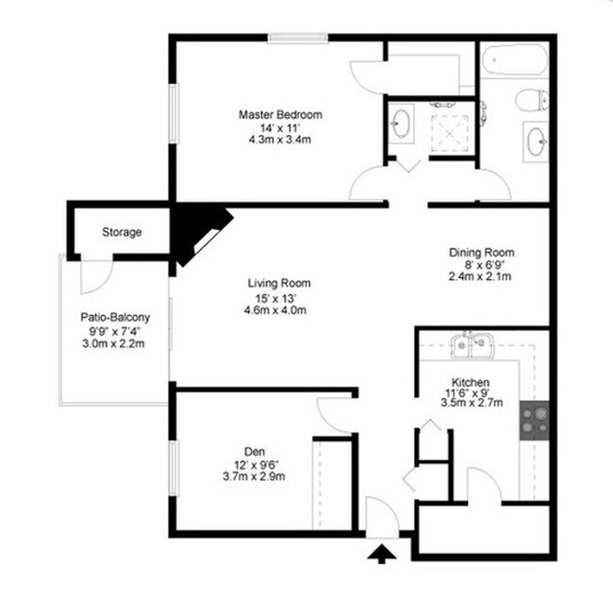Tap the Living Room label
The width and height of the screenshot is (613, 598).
click(x=279, y=283)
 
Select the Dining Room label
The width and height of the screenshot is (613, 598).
click(x=481, y=252)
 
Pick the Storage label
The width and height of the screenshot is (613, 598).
click(x=122, y=232)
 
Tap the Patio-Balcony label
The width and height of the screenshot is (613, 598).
click(x=116, y=318)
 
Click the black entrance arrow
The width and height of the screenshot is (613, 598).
click(x=382, y=554)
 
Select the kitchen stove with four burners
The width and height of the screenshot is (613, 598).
click(x=534, y=419)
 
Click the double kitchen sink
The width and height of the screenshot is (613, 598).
click(x=472, y=346)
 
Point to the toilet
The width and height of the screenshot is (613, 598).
click(x=533, y=98)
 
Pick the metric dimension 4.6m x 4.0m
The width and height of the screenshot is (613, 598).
click(x=278, y=309)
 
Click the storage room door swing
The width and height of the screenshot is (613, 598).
click(x=96, y=275)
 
